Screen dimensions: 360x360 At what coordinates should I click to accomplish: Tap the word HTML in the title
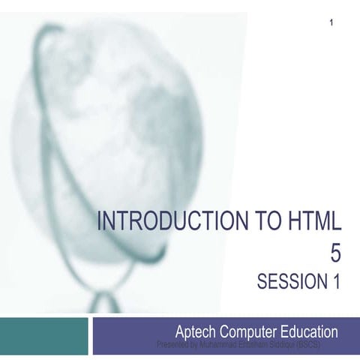click(x=310, y=222)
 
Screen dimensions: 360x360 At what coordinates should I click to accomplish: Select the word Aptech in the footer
click(x=196, y=330)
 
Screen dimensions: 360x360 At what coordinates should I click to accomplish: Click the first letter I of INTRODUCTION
click(x=101, y=222)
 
